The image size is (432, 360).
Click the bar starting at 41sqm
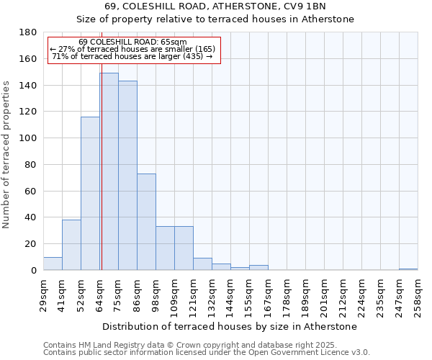point(71,245)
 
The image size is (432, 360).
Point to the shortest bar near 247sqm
point(408,269)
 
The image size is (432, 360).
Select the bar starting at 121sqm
point(202,264)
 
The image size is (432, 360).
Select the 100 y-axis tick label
point(28,138)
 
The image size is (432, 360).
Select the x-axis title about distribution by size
point(230,326)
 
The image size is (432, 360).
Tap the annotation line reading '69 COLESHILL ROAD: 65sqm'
point(132,42)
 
